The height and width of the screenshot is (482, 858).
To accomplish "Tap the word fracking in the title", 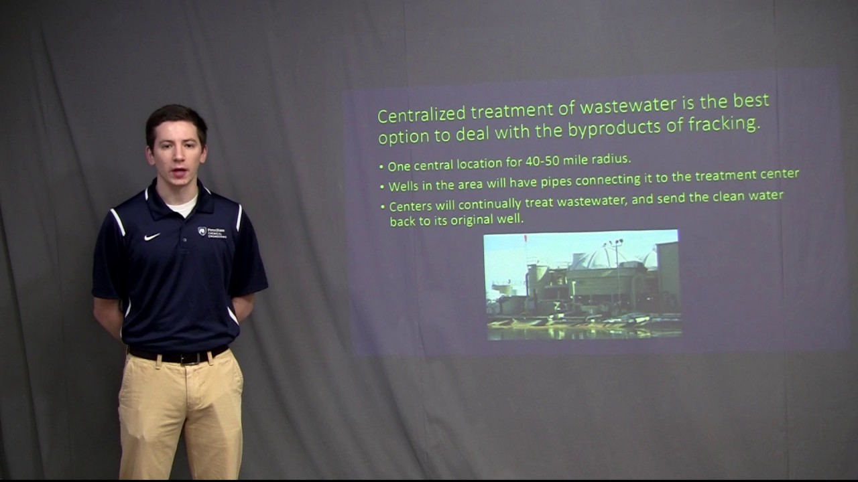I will [x=727, y=125].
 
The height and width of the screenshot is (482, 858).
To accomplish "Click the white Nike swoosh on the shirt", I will [x=152, y=236].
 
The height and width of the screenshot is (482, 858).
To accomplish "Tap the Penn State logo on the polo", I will [x=202, y=231].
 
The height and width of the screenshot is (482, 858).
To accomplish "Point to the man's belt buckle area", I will [x=179, y=355].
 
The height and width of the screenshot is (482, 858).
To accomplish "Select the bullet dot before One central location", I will [x=381, y=166].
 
